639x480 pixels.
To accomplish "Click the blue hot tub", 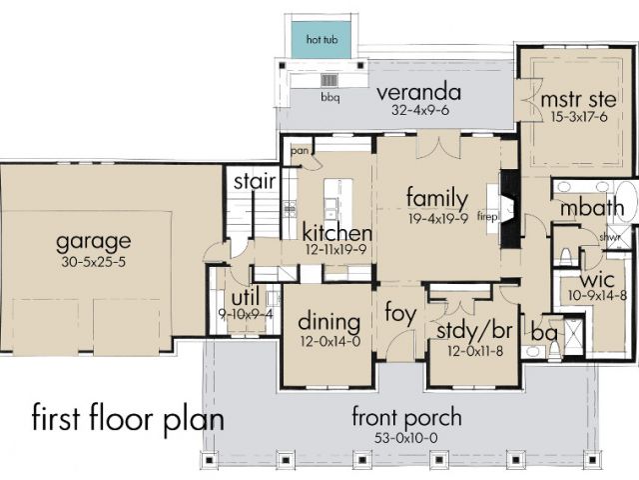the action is click(321, 40).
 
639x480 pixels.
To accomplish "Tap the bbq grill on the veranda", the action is click(329, 80).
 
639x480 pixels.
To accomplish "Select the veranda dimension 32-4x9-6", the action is click(420, 110).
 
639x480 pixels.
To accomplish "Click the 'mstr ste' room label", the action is click(579, 100).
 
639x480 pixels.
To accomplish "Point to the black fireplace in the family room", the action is click(510, 209).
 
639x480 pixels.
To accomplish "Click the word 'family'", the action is click(437, 198).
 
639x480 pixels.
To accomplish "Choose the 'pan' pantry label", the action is click(300, 151).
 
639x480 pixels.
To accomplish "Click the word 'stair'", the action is click(255, 182).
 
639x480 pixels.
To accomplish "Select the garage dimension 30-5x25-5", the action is click(94, 262).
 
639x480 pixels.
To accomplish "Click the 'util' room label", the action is click(246, 298).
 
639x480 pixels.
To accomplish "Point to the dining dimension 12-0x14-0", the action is click(330, 341).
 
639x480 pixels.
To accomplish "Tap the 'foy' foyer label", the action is click(400, 313).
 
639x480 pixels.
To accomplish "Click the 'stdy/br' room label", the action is click(474, 330).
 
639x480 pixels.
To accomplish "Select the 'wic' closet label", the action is click(597, 280).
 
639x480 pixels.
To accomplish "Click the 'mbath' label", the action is click(592, 208).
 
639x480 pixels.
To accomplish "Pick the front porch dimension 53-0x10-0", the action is click(406, 438).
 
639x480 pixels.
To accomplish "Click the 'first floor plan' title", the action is click(128, 417).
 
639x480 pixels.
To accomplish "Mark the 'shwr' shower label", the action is click(610, 237).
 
